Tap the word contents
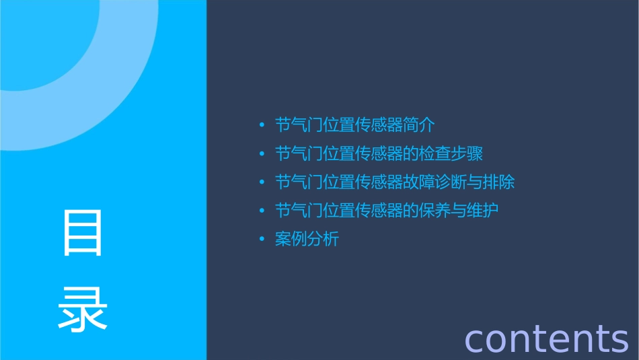[546, 338]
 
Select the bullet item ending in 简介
[356, 125]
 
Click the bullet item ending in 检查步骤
[379, 153]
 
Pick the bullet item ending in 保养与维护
[387, 211]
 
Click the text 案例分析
[307, 239]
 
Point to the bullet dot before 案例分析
[262, 240]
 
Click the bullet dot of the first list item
[262, 126]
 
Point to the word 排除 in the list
[499, 182]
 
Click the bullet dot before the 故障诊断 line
[262, 183]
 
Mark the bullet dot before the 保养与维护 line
[262, 211]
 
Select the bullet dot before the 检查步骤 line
[262, 154]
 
